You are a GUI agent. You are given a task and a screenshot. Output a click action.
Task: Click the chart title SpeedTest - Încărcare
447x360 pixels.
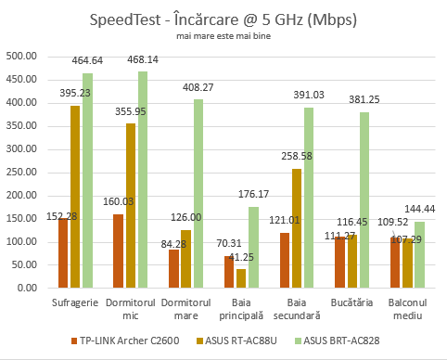223,19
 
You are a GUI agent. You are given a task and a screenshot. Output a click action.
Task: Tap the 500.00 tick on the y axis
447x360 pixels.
21,56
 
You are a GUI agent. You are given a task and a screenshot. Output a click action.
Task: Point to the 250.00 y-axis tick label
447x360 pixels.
21,172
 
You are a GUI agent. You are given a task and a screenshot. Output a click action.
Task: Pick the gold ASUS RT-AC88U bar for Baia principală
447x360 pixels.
189,278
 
